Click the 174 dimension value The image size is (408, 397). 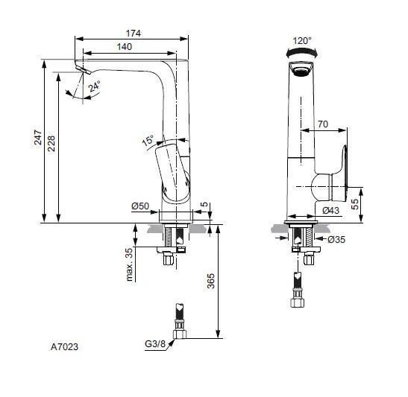coord(133,34)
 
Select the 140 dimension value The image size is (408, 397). coord(124,47)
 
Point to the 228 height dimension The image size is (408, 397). coord(51,143)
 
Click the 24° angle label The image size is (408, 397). coord(93,87)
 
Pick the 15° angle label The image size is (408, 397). coord(148,139)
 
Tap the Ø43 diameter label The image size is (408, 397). coord(331,211)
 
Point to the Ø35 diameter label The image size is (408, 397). coord(336,240)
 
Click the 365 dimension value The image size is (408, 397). coord(210,282)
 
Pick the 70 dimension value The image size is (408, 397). coord(323,124)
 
